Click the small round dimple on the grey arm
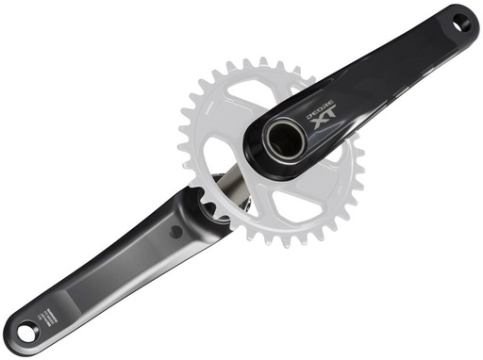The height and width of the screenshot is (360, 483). pyautogui.click(x=175, y=230)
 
